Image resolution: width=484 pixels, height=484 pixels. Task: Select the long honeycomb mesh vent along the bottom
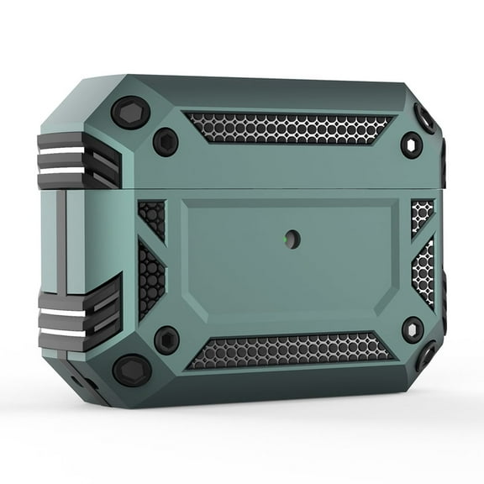290,351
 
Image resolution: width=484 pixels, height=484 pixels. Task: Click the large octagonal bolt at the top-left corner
129,112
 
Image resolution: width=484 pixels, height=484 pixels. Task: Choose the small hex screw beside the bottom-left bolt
166,339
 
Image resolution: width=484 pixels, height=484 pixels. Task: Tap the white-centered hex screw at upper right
413,145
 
